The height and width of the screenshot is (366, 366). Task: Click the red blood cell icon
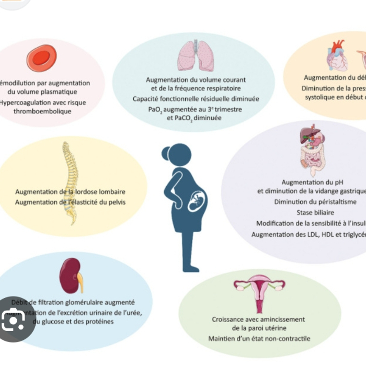(41, 58)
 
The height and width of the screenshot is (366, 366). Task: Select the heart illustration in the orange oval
(338, 58)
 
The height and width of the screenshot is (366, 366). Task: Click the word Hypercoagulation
(23, 102)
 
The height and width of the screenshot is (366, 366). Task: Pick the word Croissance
(228, 319)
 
